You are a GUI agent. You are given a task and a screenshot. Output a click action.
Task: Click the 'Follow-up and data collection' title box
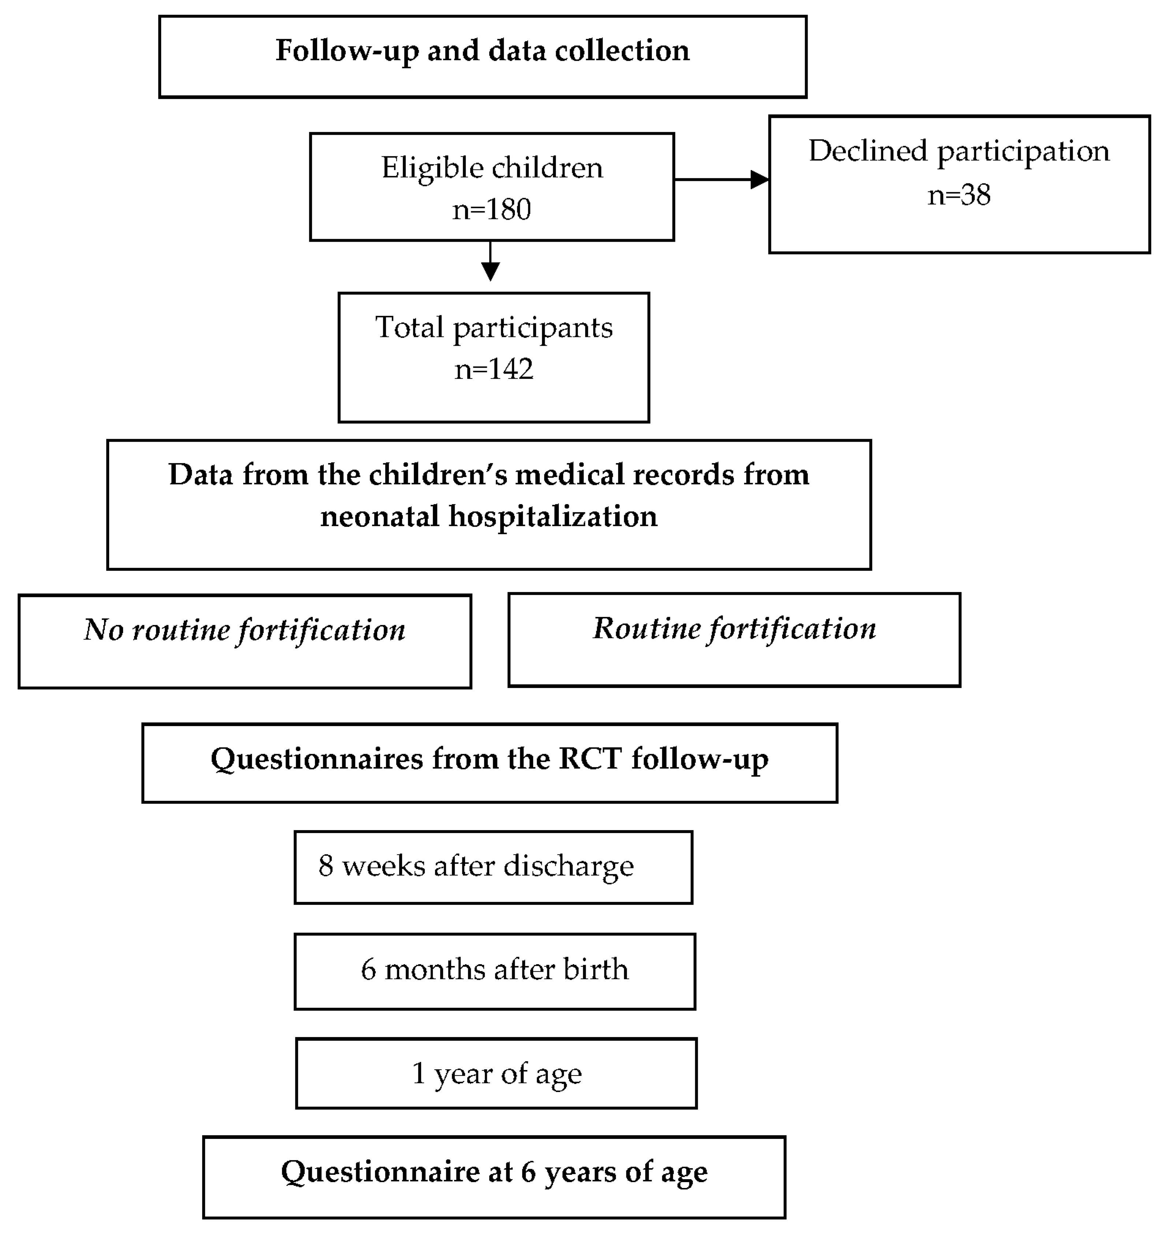483,56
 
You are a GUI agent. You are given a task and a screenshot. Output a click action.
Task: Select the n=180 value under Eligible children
491,209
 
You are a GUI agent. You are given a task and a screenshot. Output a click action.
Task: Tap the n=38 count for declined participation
959,195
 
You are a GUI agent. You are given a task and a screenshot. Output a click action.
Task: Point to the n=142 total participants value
494,369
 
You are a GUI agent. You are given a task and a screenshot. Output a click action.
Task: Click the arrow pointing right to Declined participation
722,179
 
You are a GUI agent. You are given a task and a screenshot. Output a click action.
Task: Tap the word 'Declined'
868,151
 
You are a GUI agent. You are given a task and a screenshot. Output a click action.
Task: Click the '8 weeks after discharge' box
493,867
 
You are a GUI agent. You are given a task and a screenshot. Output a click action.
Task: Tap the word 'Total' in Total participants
409,327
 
